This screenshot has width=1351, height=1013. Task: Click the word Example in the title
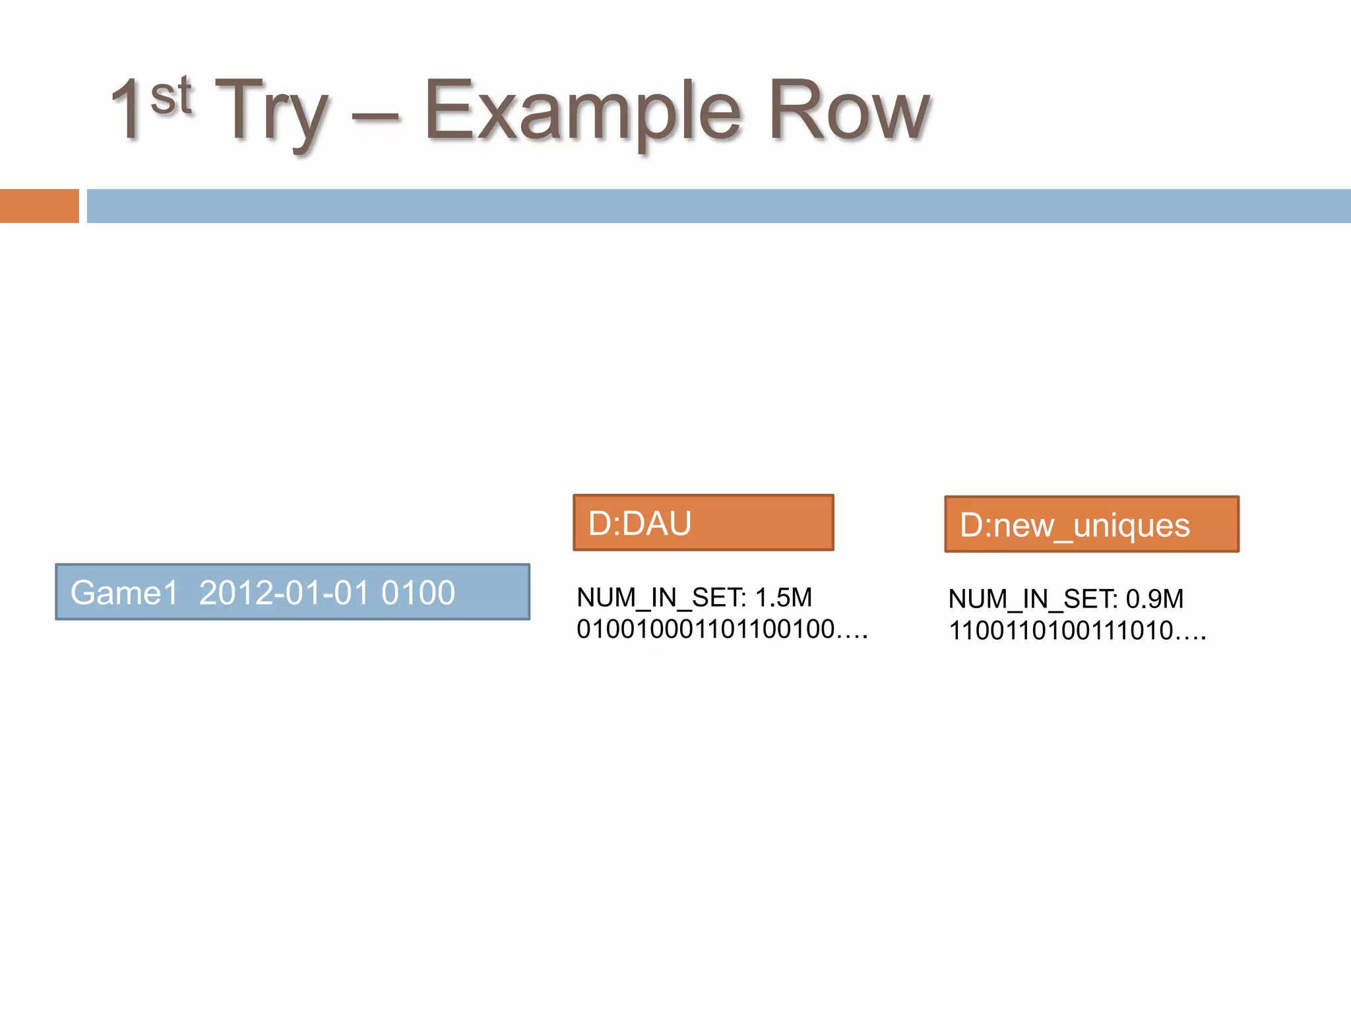[x=582, y=112]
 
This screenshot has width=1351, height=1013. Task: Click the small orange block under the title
[x=39, y=206]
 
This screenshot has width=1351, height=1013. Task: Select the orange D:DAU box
[x=703, y=522]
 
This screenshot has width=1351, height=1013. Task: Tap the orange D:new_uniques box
[x=1091, y=524]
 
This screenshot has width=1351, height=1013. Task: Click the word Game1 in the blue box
[x=124, y=592]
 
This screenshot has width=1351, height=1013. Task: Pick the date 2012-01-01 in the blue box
[x=284, y=592]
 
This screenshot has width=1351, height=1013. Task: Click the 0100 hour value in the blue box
[x=418, y=592]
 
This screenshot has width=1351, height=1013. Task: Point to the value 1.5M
[x=783, y=598]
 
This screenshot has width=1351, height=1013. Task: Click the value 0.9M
[x=1154, y=599]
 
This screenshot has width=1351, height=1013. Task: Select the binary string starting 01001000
[x=706, y=629]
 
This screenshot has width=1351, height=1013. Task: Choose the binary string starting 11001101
[x=1061, y=631]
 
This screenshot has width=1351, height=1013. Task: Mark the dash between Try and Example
[x=375, y=119]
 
